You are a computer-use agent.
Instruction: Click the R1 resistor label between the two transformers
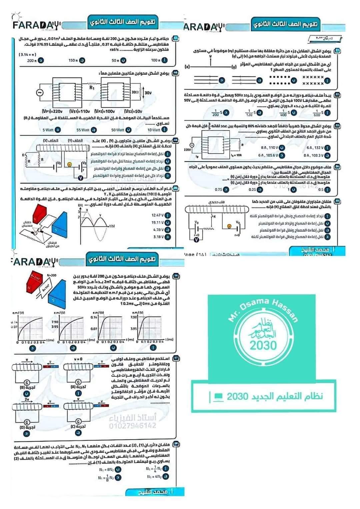click(x=92, y=88)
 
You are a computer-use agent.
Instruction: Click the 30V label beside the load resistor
click(x=148, y=93)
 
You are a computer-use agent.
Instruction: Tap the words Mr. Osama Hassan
click(x=263, y=310)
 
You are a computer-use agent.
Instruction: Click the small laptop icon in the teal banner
click(x=219, y=396)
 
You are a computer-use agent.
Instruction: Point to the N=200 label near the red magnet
click(x=52, y=275)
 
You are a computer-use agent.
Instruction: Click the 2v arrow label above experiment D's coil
click(x=27, y=399)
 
